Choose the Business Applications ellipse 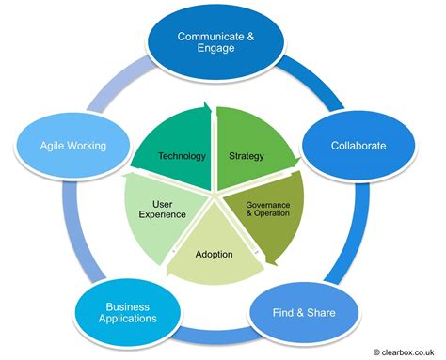pos(127,312)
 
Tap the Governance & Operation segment pos(268,208)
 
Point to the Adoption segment pos(215,254)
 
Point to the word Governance pos(268,204)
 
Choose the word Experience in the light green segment pos(162,215)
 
